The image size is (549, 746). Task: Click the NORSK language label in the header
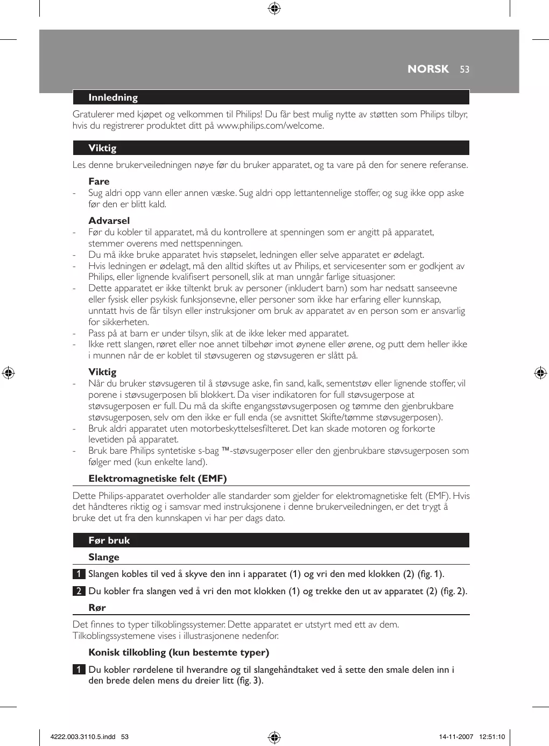428,69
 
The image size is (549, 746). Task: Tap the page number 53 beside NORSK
464,69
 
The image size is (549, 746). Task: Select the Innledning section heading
113,97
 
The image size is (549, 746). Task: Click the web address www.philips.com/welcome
270,126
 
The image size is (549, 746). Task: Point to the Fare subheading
99,181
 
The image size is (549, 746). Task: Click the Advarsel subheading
109,221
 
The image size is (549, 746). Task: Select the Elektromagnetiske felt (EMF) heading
158,478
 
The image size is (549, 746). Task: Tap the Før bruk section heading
109,540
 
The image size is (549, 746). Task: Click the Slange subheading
104,557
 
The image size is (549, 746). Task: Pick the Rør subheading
97,608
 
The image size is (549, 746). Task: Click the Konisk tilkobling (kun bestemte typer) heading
179,652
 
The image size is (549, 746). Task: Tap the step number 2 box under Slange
79,591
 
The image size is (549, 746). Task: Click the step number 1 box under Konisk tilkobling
79,670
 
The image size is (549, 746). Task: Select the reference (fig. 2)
453,591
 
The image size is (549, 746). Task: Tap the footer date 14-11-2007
456,737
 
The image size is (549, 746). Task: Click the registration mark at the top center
274,8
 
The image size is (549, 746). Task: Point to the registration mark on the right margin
540,373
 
